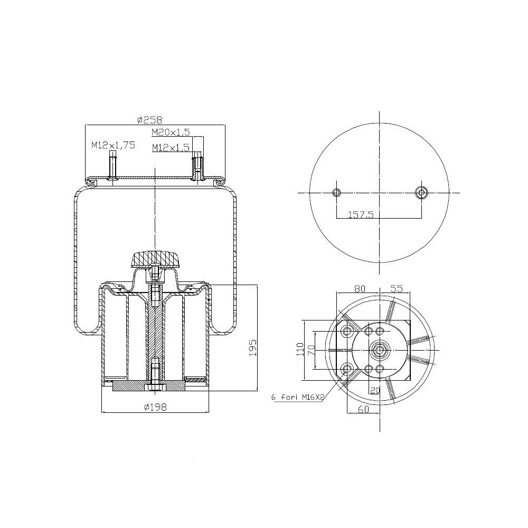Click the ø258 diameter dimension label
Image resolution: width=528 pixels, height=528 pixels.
[x=149, y=120]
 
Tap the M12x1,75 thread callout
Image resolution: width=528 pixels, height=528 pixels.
[x=113, y=145]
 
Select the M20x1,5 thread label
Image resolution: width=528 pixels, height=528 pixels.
[x=170, y=131]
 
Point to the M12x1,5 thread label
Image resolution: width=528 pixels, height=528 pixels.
[x=170, y=148]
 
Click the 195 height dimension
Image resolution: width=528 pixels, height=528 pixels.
[x=252, y=348]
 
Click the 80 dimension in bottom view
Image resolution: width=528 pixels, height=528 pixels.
[x=360, y=289]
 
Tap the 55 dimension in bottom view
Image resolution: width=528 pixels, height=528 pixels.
[x=397, y=289]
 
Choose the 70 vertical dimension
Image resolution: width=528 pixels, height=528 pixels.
[x=311, y=350]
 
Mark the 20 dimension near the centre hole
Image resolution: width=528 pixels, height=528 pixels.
[x=375, y=390]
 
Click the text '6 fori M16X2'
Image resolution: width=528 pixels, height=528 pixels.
[x=296, y=397]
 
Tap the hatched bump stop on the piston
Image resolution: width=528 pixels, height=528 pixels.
[x=154, y=260]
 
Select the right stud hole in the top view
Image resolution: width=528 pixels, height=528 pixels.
[x=421, y=192]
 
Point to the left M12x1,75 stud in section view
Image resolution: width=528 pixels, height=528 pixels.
[x=112, y=166]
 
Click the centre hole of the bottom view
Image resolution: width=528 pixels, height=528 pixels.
[x=379, y=350]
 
